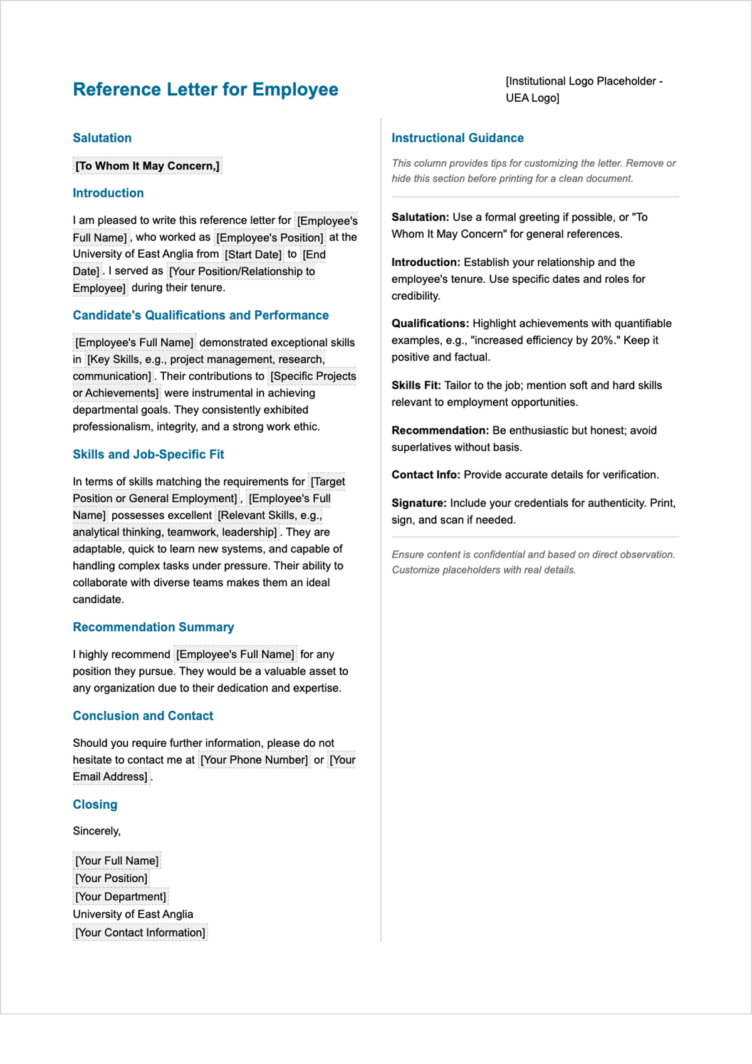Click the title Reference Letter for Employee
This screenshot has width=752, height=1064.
pos(205,90)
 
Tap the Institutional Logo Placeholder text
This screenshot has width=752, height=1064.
pos(583,89)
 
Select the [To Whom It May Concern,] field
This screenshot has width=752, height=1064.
pos(147,166)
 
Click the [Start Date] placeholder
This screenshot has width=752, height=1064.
pos(253,255)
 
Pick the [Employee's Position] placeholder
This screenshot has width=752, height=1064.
pos(269,238)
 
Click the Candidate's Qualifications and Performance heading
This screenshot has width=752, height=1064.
pos(201,315)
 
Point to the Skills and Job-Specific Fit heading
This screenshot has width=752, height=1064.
pos(148,455)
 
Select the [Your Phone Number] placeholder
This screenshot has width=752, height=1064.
pos(254,760)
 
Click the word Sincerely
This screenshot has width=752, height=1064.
pos(96,831)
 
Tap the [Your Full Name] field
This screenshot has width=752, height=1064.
pos(117,861)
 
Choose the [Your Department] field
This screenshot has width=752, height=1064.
pos(120,897)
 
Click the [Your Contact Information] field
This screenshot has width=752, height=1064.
pos(140,932)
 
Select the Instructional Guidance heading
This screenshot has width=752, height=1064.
pos(457,138)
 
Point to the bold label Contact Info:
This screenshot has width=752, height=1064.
pos(426,475)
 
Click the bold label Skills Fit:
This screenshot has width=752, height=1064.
pos(416,386)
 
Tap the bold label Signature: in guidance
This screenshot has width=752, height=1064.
pos(419,503)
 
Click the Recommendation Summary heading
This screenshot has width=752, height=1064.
pos(153,628)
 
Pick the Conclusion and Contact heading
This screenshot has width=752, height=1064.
pos(143,716)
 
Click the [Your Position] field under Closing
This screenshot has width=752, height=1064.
pos(111,878)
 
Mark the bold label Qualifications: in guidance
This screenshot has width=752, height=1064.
pos(430,324)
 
